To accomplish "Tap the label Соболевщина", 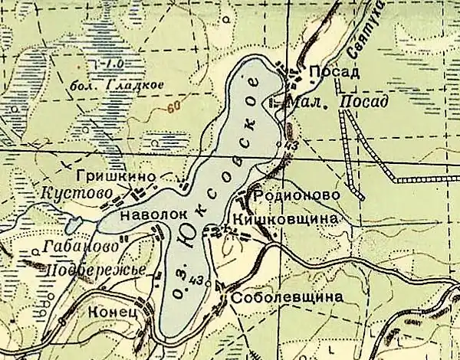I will pyautogui.click(x=284, y=299).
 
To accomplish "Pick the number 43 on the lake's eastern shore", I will pyautogui.click(x=291, y=145).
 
